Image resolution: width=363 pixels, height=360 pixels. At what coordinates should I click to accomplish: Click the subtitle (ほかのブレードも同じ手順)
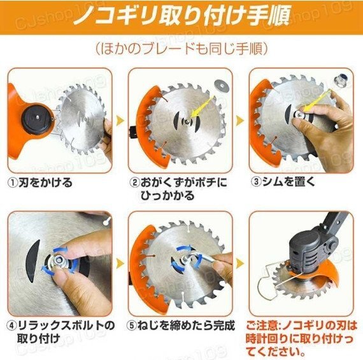(x=181, y=49)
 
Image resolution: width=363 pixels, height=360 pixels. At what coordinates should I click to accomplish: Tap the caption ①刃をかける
(x=41, y=183)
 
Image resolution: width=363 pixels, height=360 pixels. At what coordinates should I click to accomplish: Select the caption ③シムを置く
(x=283, y=182)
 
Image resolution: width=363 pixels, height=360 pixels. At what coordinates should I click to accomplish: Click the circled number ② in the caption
(x=134, y=183)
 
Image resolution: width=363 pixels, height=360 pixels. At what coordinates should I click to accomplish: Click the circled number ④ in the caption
(x=13, y=326)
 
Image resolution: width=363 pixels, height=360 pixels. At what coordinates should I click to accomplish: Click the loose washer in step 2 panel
(x=220, y=85)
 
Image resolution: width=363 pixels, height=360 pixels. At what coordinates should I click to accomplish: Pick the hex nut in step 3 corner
(x=339, y=81)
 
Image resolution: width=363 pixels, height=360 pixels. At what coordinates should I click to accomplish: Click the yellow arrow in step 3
(x=317, y=101)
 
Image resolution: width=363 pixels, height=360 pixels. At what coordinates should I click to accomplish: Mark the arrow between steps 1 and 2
(x=120, y=120)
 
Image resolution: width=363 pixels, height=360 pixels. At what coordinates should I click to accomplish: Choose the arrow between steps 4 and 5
(x=120, y=263)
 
